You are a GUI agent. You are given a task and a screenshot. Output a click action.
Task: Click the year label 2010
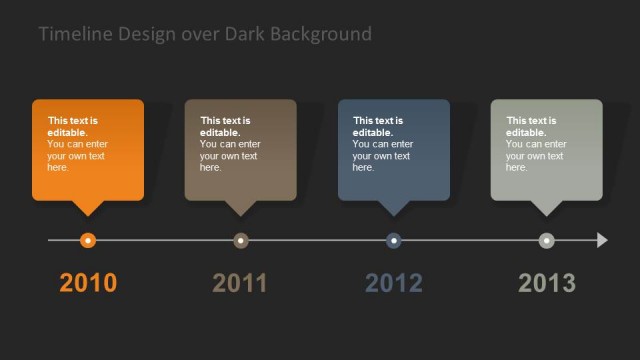pos(88,283)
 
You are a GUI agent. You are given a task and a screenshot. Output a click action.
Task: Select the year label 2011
pos(240,283)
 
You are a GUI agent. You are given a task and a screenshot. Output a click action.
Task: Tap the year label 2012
pos(394,283)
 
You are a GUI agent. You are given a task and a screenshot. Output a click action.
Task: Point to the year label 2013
pos(547,283)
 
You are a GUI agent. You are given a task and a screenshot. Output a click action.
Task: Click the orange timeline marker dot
pos(88,240)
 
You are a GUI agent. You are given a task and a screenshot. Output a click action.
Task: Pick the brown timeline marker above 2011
pos(241,240)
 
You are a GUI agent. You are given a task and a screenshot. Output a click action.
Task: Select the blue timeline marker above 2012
pos(394,240)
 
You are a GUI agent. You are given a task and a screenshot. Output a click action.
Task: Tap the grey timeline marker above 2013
pos(546,240)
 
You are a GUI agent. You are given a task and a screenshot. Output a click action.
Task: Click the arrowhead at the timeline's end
pos(602,240)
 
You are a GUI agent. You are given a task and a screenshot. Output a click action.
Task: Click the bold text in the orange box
pos(72,126)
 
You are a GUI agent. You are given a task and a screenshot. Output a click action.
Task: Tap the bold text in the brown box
pos(225,126)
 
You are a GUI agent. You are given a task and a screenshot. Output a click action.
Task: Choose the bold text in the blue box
pos(378,126)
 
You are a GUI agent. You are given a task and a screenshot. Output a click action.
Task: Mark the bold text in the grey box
pos(530,126)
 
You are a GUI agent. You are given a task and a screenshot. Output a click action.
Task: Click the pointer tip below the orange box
pos(88,213)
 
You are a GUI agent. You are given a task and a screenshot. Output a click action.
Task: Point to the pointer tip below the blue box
pos(394,213)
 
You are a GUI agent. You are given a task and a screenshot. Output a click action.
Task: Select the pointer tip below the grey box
pos(547,213)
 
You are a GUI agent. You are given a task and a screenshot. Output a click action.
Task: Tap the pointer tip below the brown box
pos(241,213)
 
